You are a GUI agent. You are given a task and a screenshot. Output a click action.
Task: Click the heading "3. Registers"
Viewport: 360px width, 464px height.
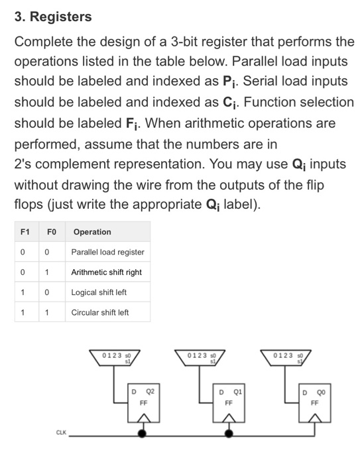pyautogui.click(x=54, y=16)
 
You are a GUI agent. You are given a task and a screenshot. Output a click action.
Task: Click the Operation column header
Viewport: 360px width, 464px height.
pyautogui.click(x=92, y=231)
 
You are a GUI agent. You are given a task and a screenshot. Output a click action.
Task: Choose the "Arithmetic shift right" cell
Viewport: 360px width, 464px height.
pyautogui.click(x=107, y=272)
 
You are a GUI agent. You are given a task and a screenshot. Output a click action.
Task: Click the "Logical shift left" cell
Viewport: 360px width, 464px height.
pyautogui.click(x=99, y=292)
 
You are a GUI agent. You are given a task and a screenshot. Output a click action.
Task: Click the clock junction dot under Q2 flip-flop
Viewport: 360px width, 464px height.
pyautogui.click(x=143, y=434)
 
